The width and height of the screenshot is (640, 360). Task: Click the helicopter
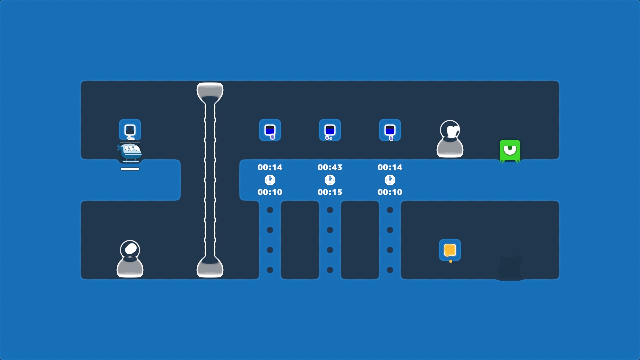130,152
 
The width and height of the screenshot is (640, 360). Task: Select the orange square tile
450,250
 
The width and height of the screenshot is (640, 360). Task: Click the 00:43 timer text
330,167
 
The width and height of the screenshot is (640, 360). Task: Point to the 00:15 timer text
330,192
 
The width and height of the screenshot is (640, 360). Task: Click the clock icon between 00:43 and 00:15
330,180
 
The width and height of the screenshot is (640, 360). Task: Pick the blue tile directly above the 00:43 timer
330,130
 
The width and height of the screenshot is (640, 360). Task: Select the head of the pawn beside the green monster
450,130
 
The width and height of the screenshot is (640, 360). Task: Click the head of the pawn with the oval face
130,249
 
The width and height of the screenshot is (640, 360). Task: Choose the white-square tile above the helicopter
130,130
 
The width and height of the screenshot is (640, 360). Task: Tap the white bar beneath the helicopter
130,169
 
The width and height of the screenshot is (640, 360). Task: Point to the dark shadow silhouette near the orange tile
510,267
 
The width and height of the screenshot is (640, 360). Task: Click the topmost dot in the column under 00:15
330,210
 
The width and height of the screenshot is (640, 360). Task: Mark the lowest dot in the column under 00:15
330,270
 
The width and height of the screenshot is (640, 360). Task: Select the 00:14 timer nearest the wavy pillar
270,167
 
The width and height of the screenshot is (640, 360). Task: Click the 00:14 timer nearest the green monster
390,167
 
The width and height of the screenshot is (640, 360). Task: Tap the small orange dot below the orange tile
451,262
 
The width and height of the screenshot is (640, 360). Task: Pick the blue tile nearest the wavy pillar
270,130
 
